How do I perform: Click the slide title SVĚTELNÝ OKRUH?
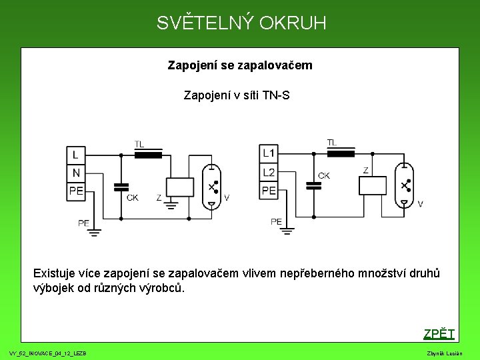[241, 23]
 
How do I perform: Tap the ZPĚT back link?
[439, 334]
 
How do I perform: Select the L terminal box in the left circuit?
[75, 155]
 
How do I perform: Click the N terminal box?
[75, 173]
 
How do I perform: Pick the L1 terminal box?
[269, 153]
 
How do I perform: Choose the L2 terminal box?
[269, 172]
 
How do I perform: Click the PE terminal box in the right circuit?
[269, 191]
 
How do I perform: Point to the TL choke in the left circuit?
[149, 155]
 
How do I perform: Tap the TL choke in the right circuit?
[341, 153]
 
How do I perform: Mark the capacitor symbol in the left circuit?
[121, 186]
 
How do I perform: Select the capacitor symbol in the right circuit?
[313, 185]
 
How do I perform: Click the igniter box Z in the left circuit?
[179, 187]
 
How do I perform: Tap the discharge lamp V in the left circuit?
[211, 187]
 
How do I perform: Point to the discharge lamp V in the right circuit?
[404, 185]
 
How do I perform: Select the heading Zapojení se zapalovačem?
[240, 66]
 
